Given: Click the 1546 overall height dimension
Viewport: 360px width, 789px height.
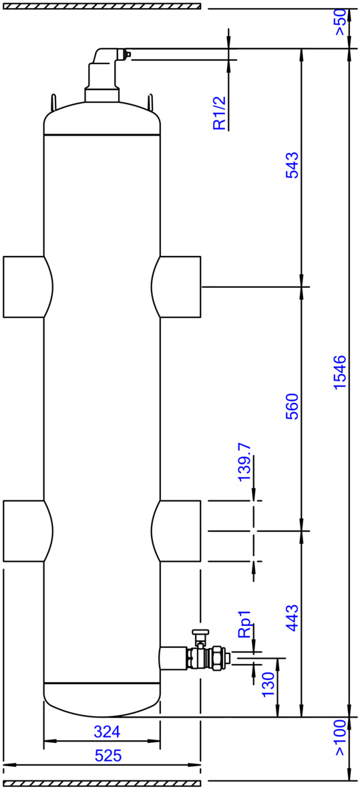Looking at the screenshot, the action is point(341,372).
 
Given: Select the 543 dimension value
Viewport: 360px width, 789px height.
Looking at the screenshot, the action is point(292,164).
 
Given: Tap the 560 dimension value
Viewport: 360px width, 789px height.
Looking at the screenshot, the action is point(292,407).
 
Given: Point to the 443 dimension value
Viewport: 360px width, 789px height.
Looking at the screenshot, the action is point(292,619).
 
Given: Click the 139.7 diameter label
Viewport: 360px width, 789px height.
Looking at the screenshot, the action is point(245,462).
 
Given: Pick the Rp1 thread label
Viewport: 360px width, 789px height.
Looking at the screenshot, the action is point(245,625).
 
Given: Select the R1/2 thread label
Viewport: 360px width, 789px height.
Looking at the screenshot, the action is point(220,113).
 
